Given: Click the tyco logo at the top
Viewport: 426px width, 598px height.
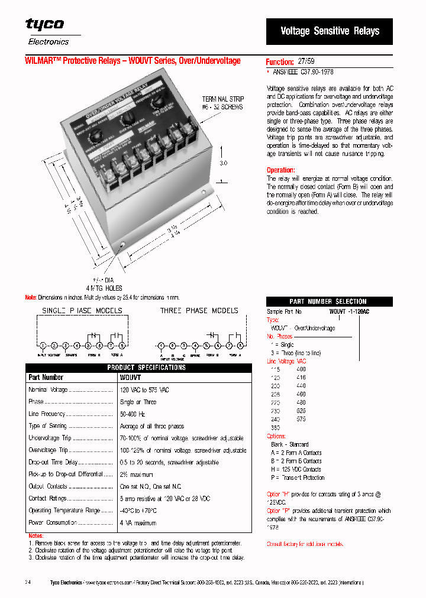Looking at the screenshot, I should coord(44,24).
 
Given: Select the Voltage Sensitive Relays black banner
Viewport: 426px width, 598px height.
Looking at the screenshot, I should coord(330,31).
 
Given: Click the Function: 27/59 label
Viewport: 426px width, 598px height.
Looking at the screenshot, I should coord(290,61).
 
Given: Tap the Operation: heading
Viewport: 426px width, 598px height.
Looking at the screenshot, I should coord(280,170).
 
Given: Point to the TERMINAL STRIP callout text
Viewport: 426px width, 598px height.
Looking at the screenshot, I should coord(222,103).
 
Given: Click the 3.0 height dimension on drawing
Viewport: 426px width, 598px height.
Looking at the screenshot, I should coord(224,162).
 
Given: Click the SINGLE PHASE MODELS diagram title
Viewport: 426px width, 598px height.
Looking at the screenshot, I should coord(82,310).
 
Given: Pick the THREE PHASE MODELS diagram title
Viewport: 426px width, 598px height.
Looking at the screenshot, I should coord(199,310).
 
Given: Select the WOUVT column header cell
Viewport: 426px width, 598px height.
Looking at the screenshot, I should coord(130,377).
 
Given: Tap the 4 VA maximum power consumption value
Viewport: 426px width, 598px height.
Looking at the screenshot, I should coord(138,522).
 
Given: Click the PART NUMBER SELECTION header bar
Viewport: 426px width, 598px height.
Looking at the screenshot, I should coord(329,301).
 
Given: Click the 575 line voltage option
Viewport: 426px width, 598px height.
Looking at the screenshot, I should coord(301,418).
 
